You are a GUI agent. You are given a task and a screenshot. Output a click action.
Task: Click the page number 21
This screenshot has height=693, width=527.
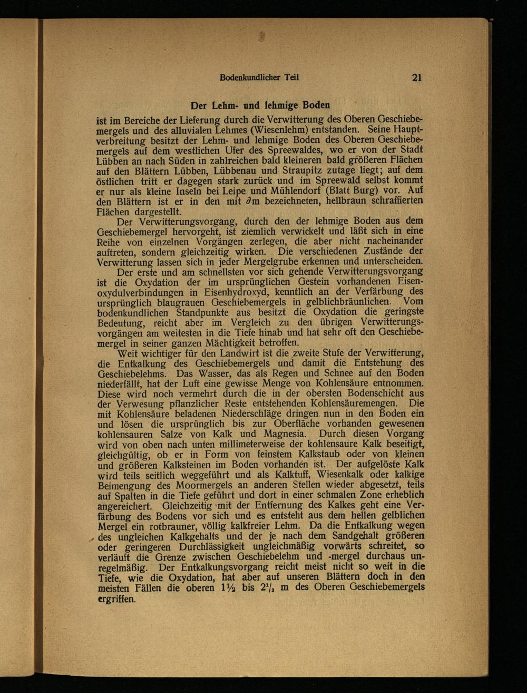pyautogui.click(x=417, y=78)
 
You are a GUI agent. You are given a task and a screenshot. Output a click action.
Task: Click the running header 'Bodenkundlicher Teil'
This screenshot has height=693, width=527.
pyautogui.click(x=259, y=78)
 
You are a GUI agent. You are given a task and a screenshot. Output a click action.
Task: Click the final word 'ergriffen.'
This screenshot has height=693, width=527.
pyautogui.click(x=117, y=599)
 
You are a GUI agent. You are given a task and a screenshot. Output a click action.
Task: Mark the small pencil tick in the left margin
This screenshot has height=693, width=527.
pyautogui.click(x=93, y=537)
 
